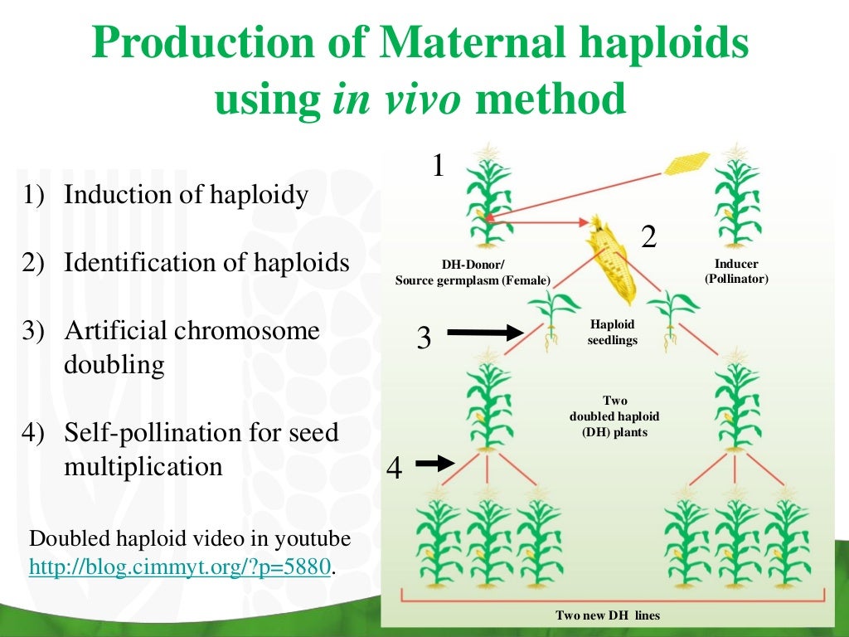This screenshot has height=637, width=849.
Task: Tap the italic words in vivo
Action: (396, 100)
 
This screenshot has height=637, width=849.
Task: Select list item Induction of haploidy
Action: (187, 196)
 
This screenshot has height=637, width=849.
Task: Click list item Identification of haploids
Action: (206, 263)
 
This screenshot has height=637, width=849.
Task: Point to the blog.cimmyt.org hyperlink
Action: (181, 567)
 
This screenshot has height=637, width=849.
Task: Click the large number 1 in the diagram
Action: (439, 166)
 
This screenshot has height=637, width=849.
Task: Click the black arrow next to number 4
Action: (434, 464)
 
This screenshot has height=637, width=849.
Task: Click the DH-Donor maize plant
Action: (488, 195)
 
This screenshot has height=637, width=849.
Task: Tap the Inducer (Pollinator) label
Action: (736, 272)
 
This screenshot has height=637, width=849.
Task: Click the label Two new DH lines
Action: (607, 615)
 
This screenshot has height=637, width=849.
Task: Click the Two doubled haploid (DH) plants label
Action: (614, 416)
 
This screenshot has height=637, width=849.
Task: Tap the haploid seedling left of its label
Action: (549, 320)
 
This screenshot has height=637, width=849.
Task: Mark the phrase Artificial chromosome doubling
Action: (192, 348)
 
